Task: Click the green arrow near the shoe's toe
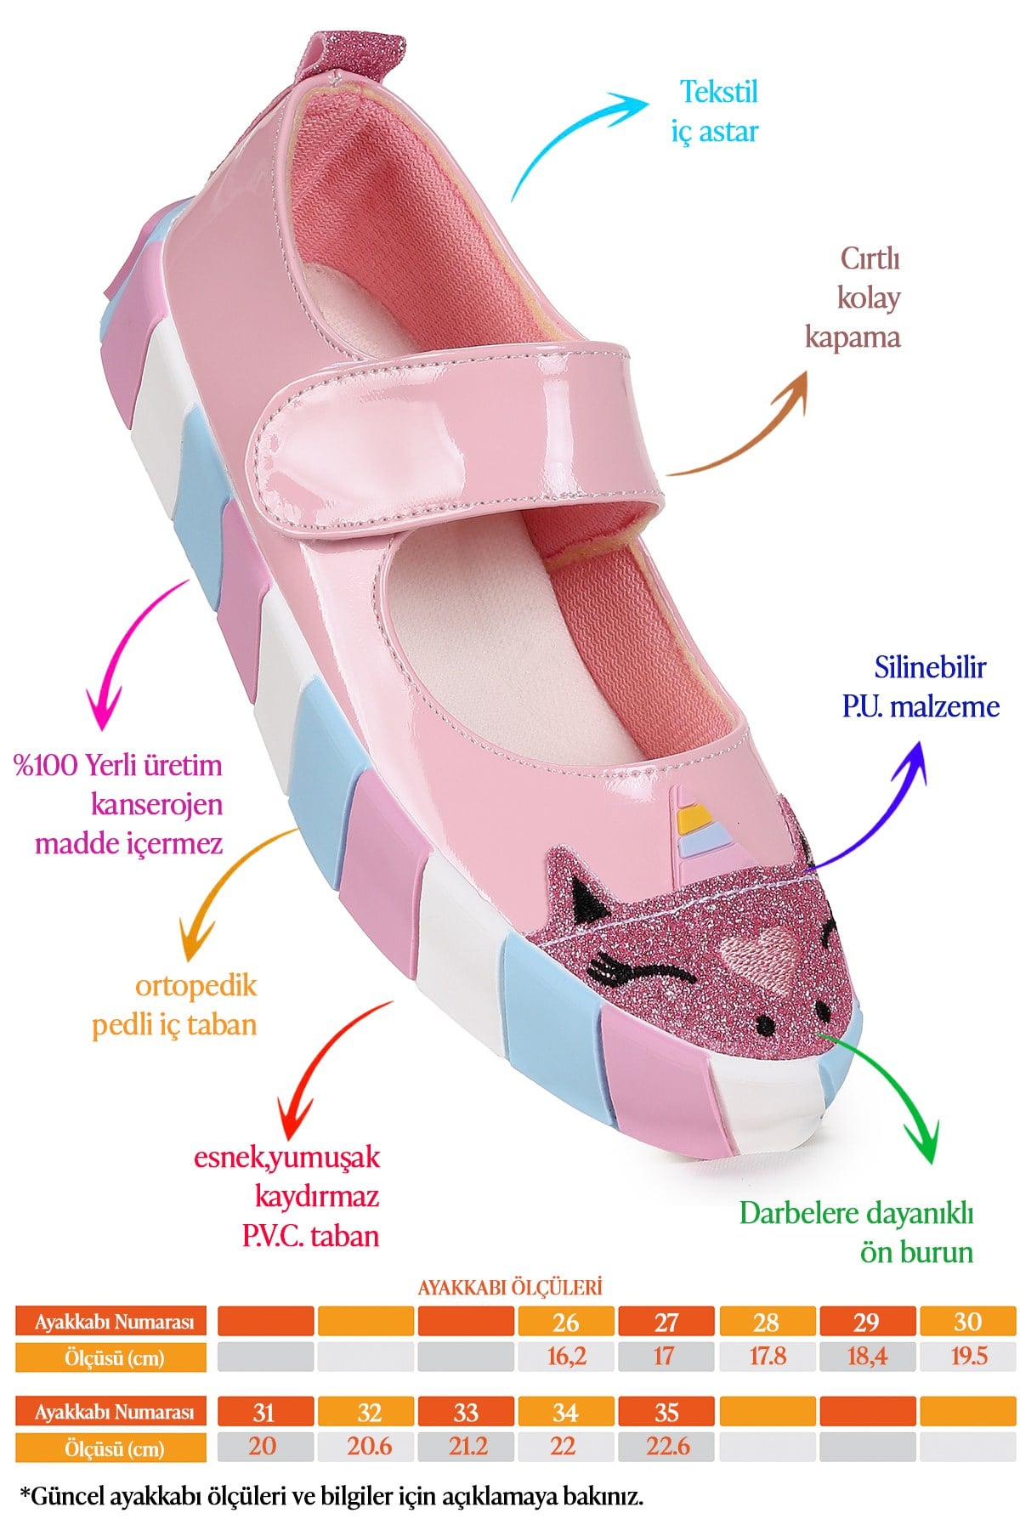coord(892,1084)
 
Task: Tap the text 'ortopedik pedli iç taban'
coord(174,1005)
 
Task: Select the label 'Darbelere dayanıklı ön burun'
coord(856,1232)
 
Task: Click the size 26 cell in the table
coord(566,1322)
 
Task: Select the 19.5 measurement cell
coord(968,1357)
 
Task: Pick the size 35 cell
coord(666,1412)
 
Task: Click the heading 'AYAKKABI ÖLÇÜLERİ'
coord(510,1287)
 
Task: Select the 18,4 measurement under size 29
coord(867,1357)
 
